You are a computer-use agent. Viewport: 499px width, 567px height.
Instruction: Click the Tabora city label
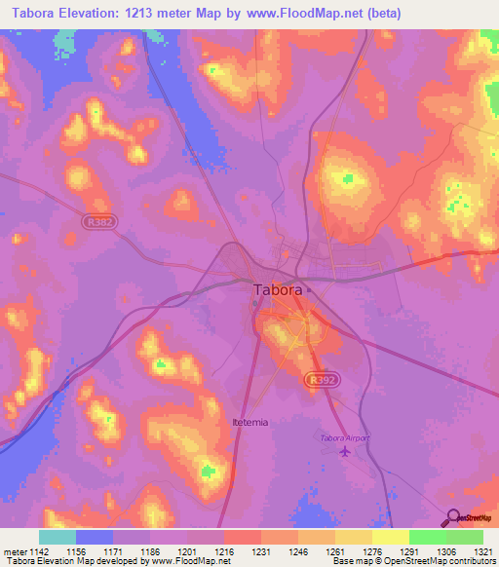click(276, 289)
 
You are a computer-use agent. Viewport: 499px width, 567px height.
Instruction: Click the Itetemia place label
click(250, 422)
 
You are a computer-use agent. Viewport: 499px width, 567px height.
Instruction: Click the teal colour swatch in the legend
click(58, 537)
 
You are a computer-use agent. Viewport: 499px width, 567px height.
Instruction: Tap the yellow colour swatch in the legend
click(390, 537)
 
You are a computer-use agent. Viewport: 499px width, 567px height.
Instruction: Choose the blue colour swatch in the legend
click(95, 537)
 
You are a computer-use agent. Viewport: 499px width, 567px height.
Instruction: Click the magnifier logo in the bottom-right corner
click(451, 517)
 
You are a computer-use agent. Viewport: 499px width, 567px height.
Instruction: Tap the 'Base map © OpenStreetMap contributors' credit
click(414, 561)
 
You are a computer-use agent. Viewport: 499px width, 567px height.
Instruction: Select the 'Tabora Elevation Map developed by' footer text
click(62, 561)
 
